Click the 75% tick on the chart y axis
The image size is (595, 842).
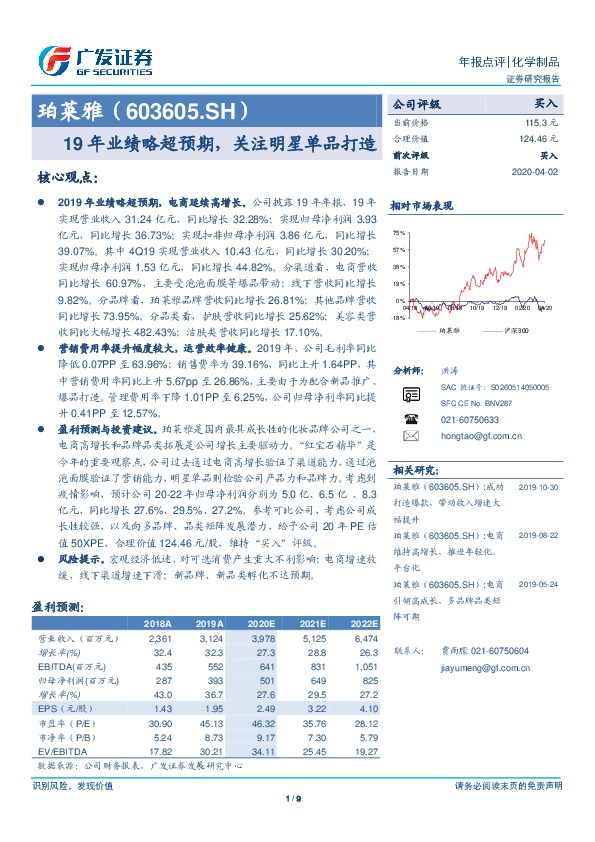pos(399,233)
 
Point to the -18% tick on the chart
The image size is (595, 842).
pos(398,317)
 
